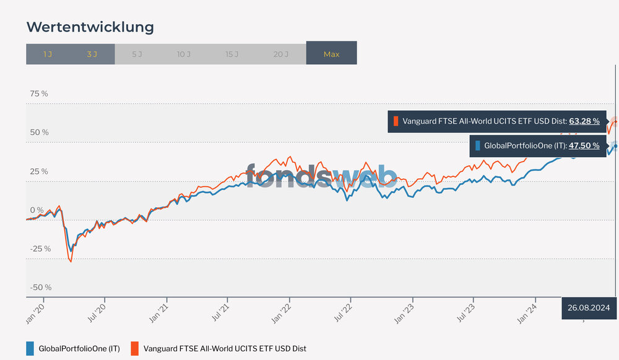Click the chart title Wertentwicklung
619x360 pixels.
[90, 27]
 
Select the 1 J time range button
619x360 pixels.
[48, 54]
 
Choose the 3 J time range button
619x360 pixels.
[92, 54]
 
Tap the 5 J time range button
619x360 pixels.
[137, 54]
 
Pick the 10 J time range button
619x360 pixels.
[184, 54]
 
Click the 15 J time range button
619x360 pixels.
[232, 54]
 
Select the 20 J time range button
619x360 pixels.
[281, 54]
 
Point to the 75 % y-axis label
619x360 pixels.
[39, 93]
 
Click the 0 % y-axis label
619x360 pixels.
[37, 210]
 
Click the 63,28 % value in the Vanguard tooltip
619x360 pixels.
[584, 121]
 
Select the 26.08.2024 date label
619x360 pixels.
[589, 307]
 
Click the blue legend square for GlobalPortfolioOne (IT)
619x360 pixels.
[30, 348]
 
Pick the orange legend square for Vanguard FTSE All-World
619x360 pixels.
[134, 348]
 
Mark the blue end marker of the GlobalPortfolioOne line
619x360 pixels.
[615, 146]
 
